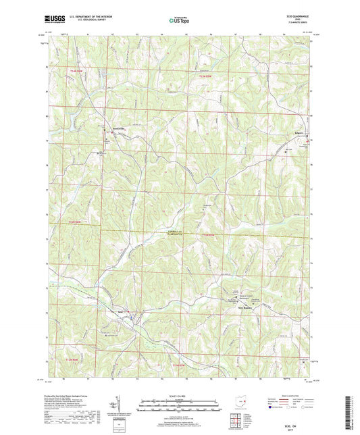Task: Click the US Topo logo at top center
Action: click(179, 20)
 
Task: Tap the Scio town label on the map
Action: click(122, 312)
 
